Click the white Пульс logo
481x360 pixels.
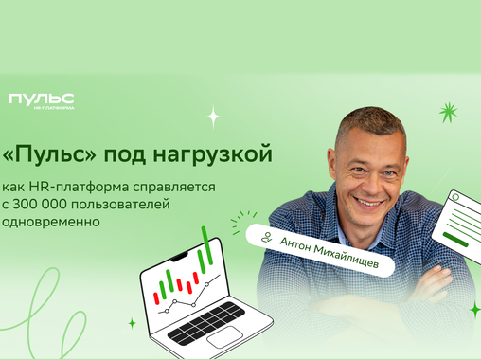click(x=41, y=99)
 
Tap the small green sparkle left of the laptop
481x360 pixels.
click(x=132, y=323)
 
